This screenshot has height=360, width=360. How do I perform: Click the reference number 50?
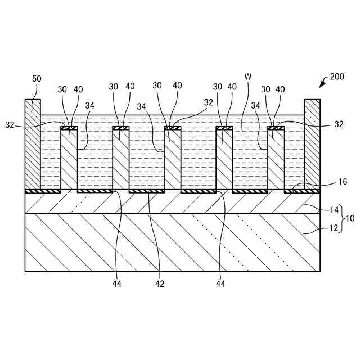37,79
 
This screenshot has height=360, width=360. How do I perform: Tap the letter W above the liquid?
247,76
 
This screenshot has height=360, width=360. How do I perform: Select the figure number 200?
337,76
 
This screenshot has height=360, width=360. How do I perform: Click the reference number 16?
343,182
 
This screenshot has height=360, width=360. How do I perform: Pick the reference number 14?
334,210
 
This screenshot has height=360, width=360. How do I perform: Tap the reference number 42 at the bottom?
160,284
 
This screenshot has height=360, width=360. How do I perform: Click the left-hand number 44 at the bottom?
117,284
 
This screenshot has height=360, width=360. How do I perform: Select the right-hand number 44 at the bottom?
220,284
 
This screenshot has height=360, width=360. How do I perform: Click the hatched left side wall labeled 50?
33,146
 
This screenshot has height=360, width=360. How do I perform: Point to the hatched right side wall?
312,146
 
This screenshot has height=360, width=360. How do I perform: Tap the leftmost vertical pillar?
69,160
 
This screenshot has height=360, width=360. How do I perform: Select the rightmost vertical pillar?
276,160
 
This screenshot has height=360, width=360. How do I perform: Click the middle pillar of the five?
173,160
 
